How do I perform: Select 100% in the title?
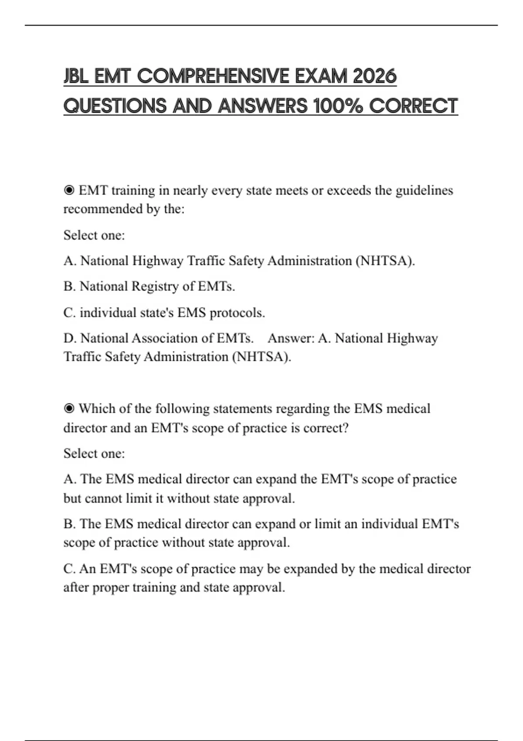pyautogui.click(x=338, y=106)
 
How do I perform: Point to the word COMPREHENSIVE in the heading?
pyautogui.click(x=213, y=76)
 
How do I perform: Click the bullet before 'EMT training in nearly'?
pyautogui.click(x=69, y=190)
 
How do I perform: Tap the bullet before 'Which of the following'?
pyautogui.click(x=69, y=409)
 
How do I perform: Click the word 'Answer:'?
pyautogui.click(x=291, y=338)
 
